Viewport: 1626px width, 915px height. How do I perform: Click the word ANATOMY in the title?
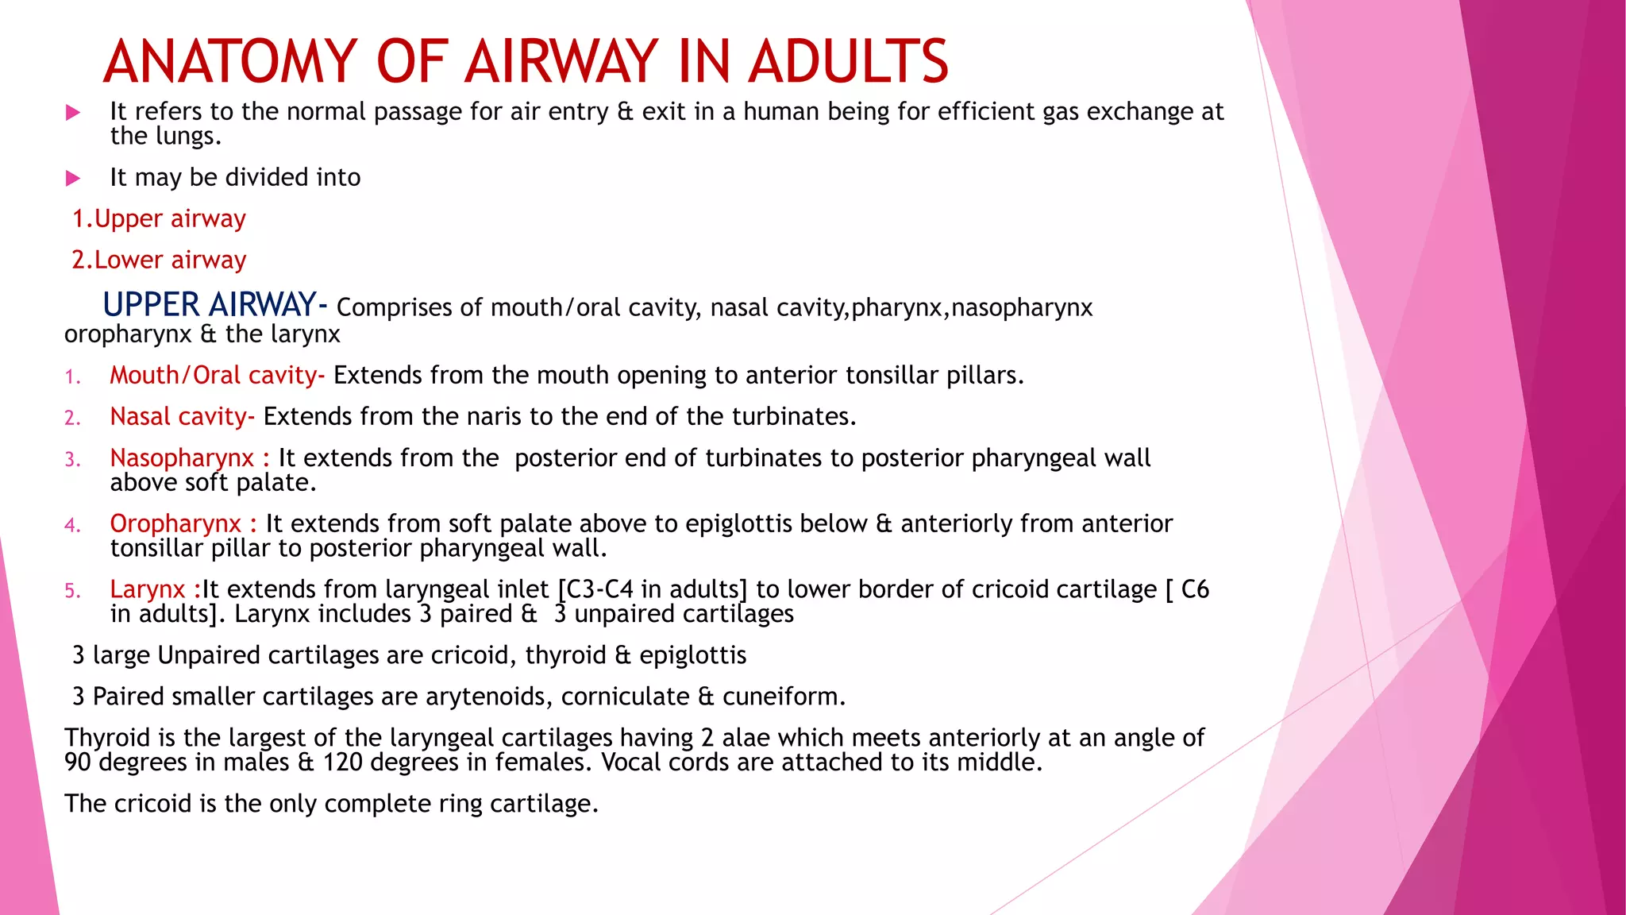(x=230, y=61)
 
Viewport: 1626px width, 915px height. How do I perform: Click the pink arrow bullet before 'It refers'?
(x=73, y=113)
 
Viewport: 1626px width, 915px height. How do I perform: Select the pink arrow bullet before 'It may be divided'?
(x=73, y=178)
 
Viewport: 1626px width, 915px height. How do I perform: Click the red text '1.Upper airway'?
(x=159, y=218)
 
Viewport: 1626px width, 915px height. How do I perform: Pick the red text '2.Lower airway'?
(x=159, y=260)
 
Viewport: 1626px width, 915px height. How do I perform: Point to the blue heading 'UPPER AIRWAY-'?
(x=214, y=305)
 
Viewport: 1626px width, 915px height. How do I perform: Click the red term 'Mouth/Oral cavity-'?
(x=217, y=375)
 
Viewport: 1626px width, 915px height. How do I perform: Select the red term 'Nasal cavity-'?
(x=182, y=416)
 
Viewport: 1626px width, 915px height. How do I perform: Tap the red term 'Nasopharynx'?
(x=182, y=457)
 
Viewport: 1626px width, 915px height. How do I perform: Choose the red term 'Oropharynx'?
(x=175, y=523)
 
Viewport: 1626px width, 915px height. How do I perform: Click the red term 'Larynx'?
(x=148, y=589)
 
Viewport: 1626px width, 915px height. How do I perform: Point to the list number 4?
(x=72, y=525)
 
